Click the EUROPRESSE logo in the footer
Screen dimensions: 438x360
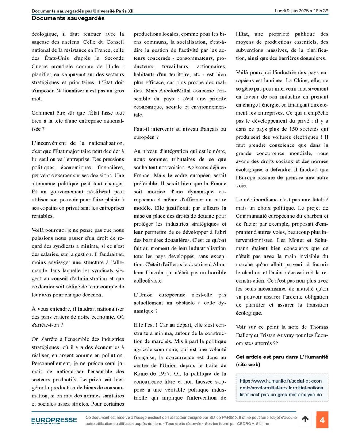tap(54, 420)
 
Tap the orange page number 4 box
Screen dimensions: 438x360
tap(322, 420)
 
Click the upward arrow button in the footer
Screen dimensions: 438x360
tap(305, 420)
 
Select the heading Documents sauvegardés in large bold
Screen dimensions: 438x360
tap(68, 18)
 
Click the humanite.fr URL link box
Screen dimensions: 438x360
tap(282, 388)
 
